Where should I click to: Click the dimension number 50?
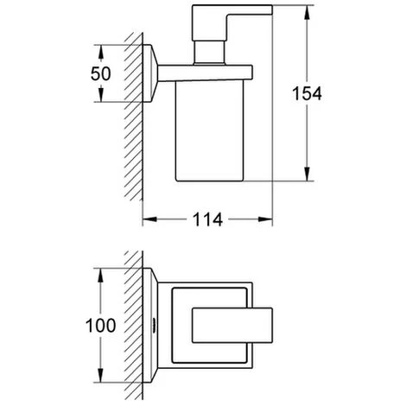coord(100,73)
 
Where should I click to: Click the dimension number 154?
coord(307,93)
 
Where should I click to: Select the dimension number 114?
coord(207,219)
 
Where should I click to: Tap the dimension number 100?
coord(100,326)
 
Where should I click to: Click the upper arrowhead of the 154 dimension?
coord(307,12)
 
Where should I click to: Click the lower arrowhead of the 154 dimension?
coord(307,174)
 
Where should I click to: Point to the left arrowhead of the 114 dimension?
coord(149,219)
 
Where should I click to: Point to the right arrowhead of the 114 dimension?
coord(265,219)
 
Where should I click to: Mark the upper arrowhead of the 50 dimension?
coord(101,52)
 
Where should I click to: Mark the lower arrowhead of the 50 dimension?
coord(101,95)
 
